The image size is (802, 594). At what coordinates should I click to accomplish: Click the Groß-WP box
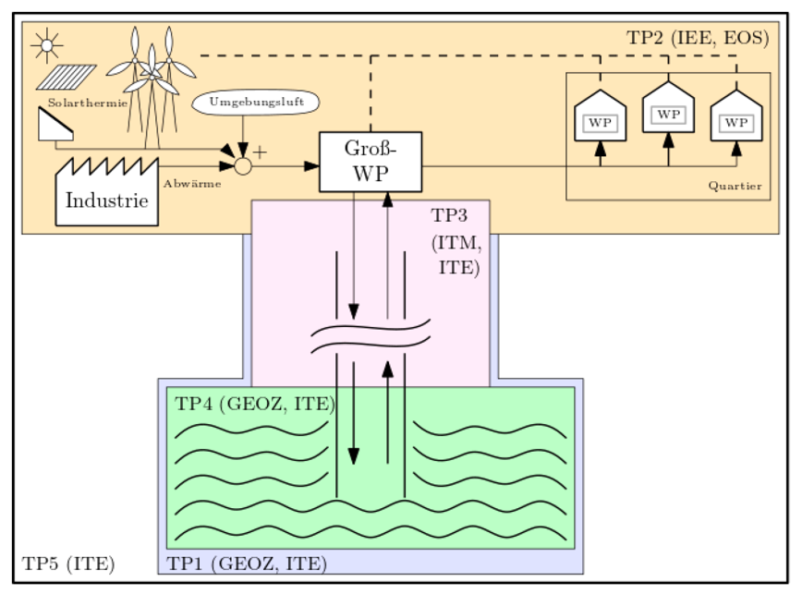(x=370, y=162)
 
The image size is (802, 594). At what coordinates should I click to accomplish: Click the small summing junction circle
(x=243, y=166)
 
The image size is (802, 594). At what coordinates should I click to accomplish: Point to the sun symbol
(x=45, y=44)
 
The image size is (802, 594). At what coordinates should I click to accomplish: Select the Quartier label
(x=735, y=187)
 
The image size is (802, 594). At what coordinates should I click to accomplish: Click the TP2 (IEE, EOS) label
(x=698, y=38)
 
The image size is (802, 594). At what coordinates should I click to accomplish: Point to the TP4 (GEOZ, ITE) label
(x=255, y=403)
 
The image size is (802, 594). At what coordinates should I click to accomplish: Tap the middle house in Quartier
(x=667, y=110)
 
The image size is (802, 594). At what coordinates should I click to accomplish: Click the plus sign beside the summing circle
(x=260, y=152)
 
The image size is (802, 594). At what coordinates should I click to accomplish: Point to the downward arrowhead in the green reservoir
(x=354, y=455)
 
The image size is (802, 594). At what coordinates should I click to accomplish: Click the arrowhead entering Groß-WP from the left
(x=311, y=166)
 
